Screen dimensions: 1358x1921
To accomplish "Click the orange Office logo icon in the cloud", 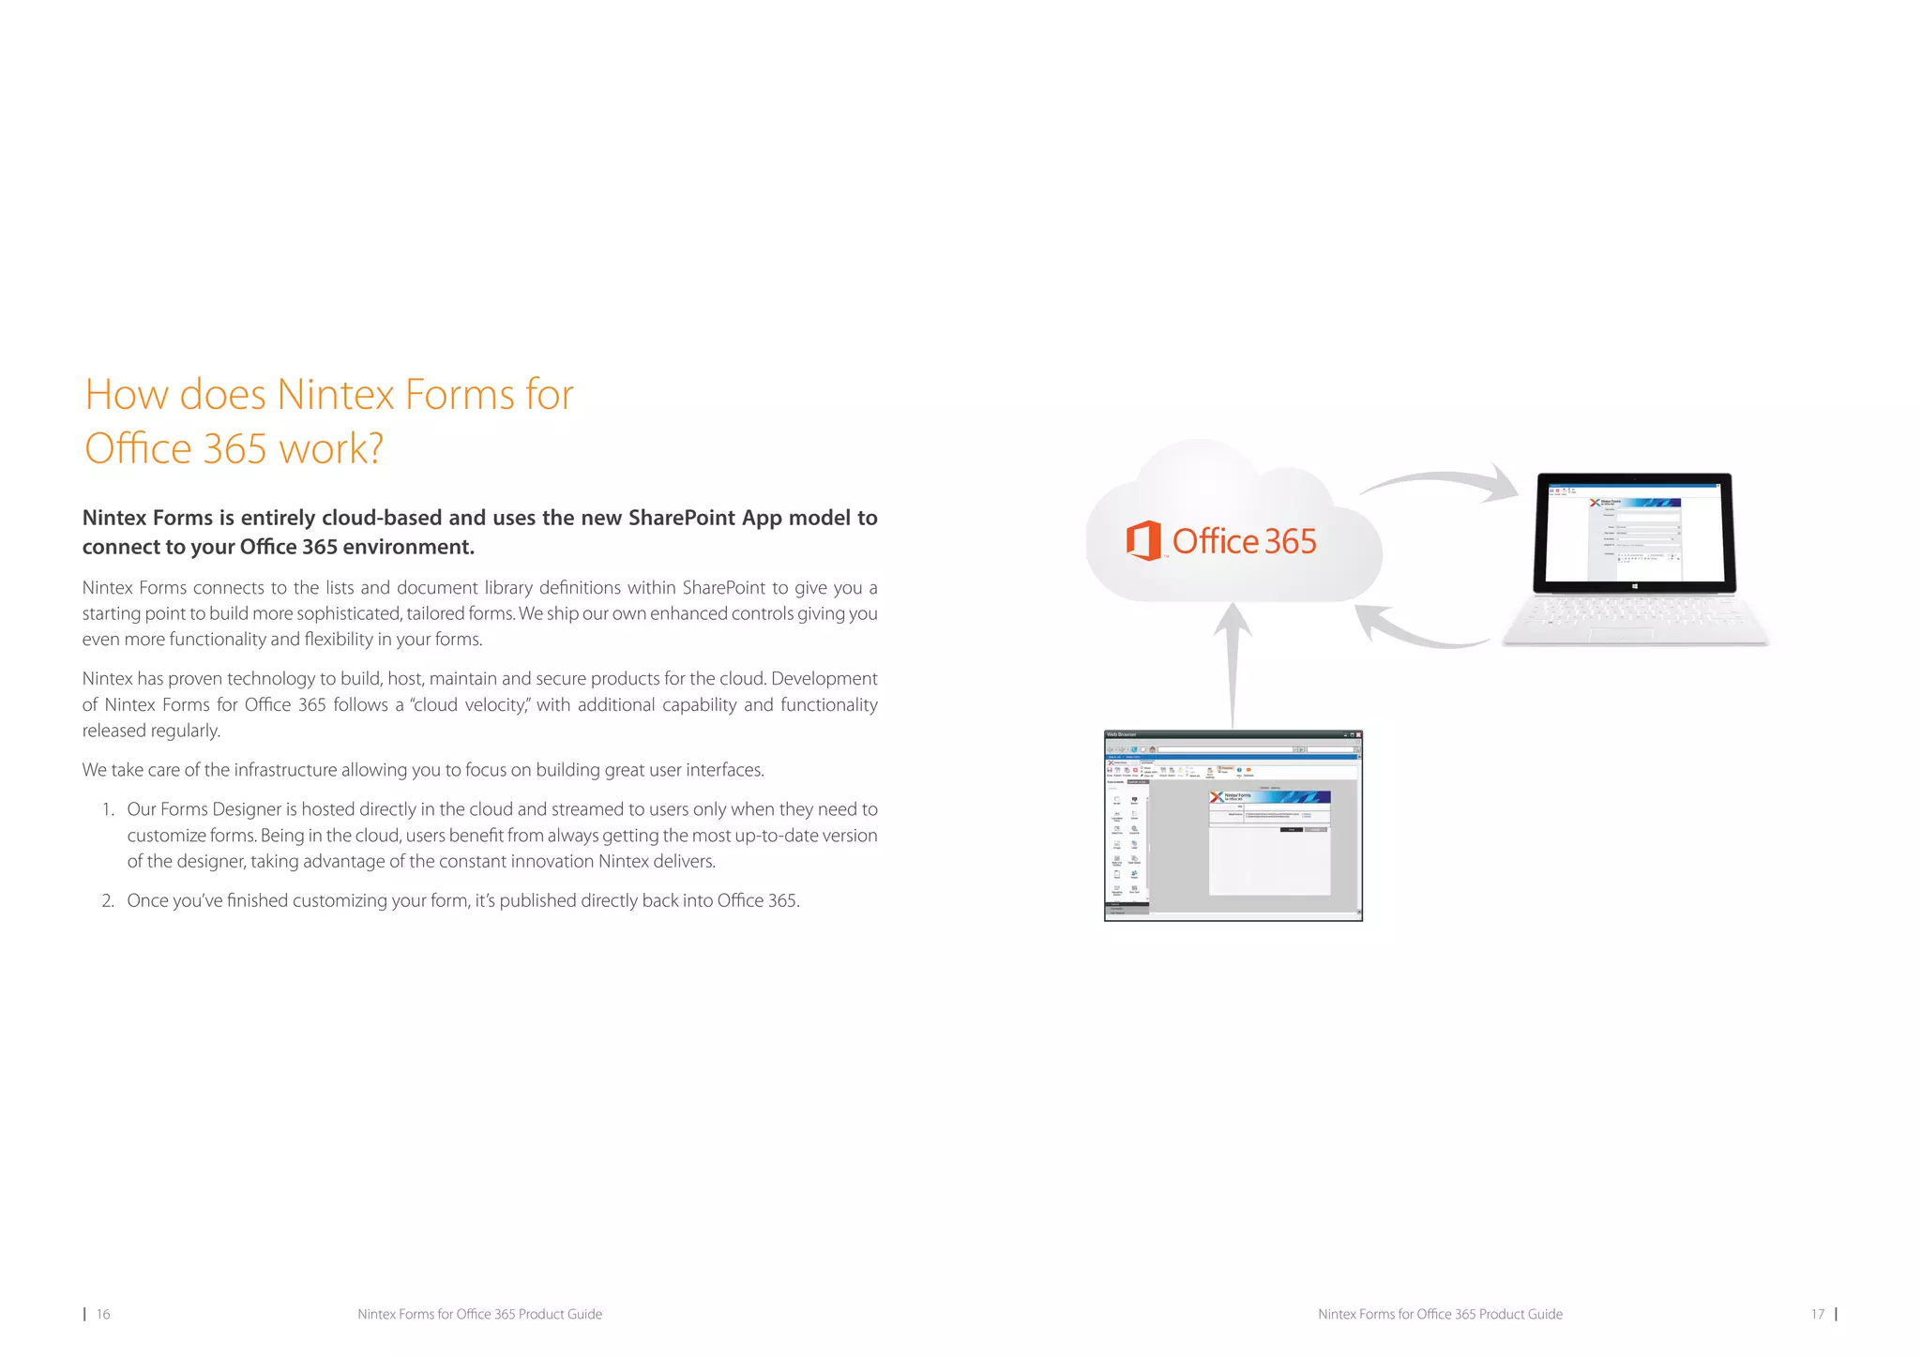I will click(1143, 541).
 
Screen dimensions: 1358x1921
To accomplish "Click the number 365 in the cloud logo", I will click(1290, 542).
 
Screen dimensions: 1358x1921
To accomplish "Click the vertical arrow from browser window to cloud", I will click(1233, 666).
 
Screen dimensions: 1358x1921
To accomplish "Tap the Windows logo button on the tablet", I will click(1634, 586).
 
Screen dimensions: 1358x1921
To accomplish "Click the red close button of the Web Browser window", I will click(1357, 735).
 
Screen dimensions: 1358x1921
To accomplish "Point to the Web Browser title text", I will click(1122, 735).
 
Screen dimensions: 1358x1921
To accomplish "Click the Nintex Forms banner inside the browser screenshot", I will click(1269, 797).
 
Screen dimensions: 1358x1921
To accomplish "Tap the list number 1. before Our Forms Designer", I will click(108, 809).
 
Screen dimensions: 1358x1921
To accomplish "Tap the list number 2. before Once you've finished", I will click(108, 901).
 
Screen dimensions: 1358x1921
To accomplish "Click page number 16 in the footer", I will click(103, 1315).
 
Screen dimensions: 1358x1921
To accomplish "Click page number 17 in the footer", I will click(1817, 1315).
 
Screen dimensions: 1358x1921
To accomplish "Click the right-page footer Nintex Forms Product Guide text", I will click(1440, 1315).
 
